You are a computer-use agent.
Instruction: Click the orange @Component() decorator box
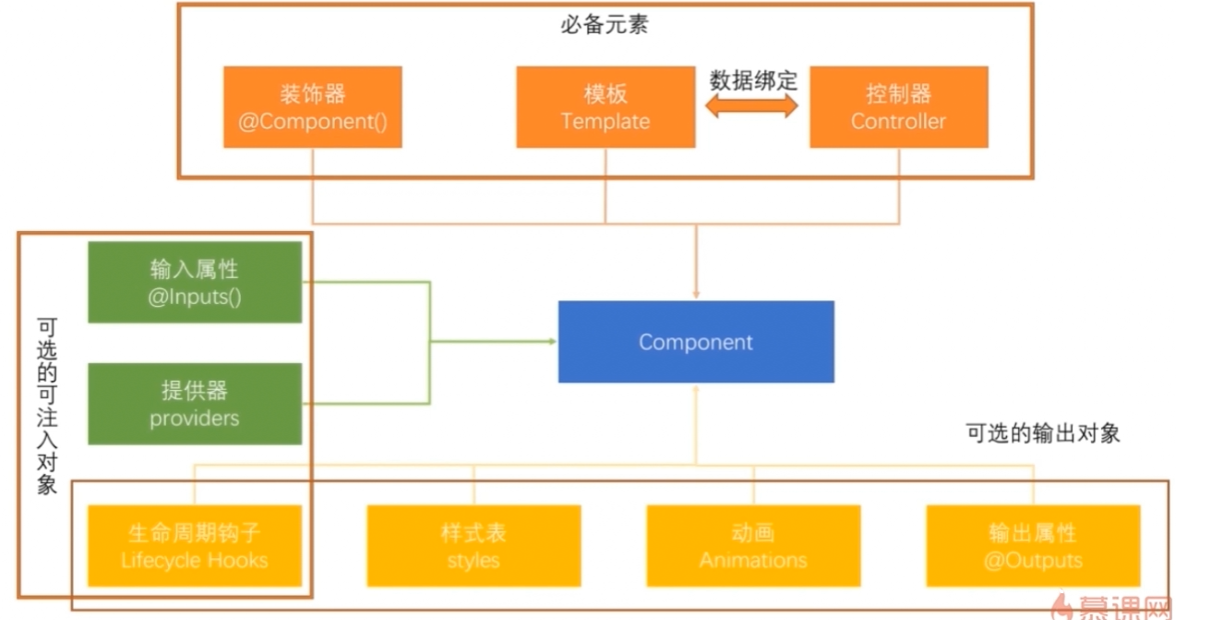click(312, 107)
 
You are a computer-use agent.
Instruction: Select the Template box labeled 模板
click(605, 107)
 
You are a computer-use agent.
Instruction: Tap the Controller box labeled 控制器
click(898, 107)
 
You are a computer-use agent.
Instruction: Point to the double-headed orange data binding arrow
click(752, 107)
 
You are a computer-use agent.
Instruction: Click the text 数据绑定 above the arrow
click(752, 79)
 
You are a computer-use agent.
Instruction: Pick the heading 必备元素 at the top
click(605, 25)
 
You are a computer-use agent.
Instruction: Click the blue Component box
click(696, 342)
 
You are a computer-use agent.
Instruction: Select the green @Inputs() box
click(195, 283)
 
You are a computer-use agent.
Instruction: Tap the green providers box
click(195, 404)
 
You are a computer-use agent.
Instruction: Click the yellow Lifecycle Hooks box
click(195, 546)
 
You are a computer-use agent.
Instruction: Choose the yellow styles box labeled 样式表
click(474, 546)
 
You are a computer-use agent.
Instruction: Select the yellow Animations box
click(753, 546)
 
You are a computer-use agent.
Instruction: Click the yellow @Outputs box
click(1033, 546)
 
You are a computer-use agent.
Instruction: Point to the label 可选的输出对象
click(1042, 433)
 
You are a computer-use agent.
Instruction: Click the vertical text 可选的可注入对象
click(47, 407)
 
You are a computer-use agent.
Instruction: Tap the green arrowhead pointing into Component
click(552, 342)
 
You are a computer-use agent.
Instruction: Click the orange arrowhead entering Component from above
click(696, 294)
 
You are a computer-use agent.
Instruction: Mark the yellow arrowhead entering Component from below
click(696, 389)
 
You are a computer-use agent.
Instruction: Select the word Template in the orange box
click(605, 122)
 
